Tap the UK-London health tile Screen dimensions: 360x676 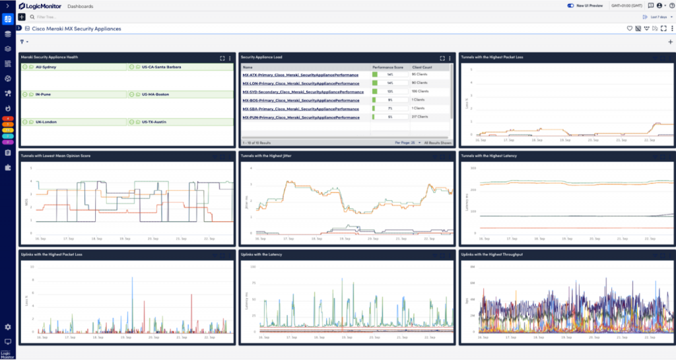(46, 122)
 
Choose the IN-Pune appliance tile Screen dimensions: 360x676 (44, 94)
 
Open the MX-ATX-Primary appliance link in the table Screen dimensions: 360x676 (300, 75)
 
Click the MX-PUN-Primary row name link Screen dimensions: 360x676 (300, 117)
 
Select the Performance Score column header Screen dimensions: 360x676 (387, 67)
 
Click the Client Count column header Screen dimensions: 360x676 (422, 67)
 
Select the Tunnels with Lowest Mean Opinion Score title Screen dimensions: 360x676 (55, 156)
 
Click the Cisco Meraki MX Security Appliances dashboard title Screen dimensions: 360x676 (76, 29)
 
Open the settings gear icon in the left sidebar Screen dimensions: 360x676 (8, 327)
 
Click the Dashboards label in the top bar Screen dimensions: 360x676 (81, 6)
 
